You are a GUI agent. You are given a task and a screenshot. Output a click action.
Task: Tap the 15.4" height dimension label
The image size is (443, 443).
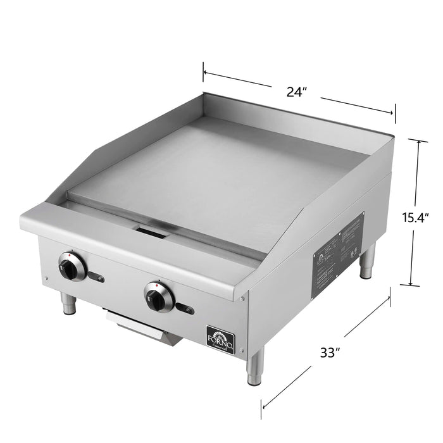(x=416, y=217)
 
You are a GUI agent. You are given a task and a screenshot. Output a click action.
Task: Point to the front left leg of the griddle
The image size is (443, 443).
(x=68, y=303)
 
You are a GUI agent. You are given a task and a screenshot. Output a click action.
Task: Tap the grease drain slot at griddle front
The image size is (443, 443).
(x=152, y=232)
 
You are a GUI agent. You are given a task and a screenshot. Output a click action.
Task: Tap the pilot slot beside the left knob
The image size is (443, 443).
(x=97, y=275)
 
